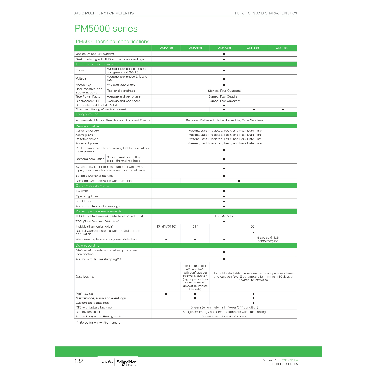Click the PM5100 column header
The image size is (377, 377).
pyautogui.click(x=166, y=48)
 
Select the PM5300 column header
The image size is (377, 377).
pyautogui.click(x=195, y=48)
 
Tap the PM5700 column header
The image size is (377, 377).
pyautogui.click(x=282, y=48)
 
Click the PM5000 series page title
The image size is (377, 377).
pyautogui.click(x=106, y=29)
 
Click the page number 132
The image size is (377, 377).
pyautogui.click(x=79, y=361)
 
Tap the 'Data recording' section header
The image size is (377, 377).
pyautogui.click(x=87, y=245)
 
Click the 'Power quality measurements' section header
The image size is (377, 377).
pyautogui.click(x=98, y=211)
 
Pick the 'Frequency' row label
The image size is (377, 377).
pyautogui.click(x=83, y=85)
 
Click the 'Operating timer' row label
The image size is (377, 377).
pyautogui.click(x=87, y=196)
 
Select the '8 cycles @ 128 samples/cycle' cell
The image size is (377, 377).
pyautogui.click(x=268, y=239)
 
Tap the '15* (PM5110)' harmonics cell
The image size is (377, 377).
pyautogui.click(x=166, y=226)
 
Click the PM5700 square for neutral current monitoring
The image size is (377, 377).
pyautogui.click(x=283, y=110)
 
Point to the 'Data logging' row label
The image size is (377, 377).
pyautogui.click(x=85, y=276)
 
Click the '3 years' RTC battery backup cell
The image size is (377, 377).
pyautogui.click(x=224, y=307)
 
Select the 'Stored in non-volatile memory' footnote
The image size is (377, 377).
pyautogui.click(x=98, y=323)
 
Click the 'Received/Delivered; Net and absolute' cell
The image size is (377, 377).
pyautogui.click(x=224, y=120)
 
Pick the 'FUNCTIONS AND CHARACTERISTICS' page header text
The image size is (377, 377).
pyautogui.click(x=266, y=13)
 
